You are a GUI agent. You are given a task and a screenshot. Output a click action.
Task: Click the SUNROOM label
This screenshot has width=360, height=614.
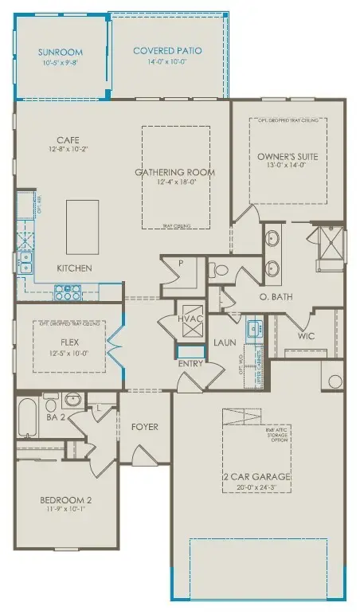coord(61,53)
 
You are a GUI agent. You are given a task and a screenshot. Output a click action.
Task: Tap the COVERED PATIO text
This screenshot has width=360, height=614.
coord(167,51)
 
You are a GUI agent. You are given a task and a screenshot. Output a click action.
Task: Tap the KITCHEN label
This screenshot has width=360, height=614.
coord(74,268)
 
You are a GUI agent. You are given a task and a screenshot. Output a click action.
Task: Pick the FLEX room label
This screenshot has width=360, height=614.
coord(67,344)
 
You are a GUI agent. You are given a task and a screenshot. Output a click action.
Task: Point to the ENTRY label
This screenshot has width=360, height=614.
coord(190,364)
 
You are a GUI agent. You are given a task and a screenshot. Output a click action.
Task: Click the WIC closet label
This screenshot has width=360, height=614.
coord(306,336)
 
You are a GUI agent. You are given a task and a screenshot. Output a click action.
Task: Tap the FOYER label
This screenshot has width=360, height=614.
coord(145,427)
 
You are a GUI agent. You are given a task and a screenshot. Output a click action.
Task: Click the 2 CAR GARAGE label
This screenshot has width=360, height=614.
coord(256,477)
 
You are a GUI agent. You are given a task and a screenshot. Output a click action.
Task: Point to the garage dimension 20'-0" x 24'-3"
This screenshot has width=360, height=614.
coord(256,487)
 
